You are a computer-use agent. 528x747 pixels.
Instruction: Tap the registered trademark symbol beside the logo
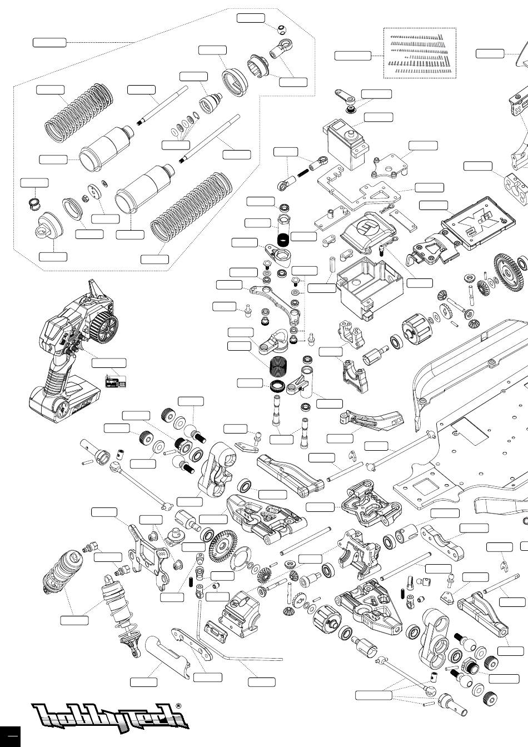coord(178,706)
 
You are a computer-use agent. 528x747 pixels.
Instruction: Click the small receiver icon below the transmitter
coord(115,382)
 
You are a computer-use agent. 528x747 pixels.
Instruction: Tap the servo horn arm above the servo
coord(344,98)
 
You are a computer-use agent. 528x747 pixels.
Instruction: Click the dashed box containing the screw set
coord(420,53)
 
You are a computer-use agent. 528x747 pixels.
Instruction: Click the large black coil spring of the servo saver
coord(278,368)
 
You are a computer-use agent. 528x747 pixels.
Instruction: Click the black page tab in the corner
coord(10,736)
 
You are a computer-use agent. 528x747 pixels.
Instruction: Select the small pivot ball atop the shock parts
coord(282,28)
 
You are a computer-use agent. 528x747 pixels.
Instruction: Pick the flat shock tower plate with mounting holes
coord(149,554)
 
